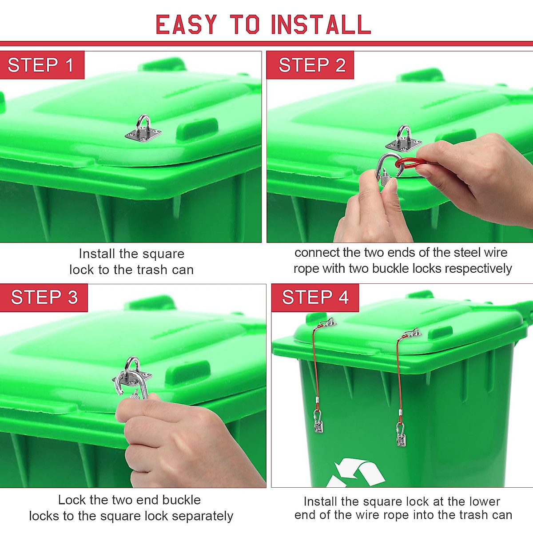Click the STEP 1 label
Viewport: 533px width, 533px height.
[x=41, y=65]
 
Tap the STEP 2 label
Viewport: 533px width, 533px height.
[x=312, y=65]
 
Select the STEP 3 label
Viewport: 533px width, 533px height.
[x=44, y=297]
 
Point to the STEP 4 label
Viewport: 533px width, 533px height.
[x=315, y=297]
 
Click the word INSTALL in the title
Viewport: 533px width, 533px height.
[x=321, y=25]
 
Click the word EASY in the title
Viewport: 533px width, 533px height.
[x=187, y=25]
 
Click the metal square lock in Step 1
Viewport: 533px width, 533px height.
[x=143, y=131]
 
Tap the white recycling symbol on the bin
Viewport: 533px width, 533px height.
[x=355, y=473]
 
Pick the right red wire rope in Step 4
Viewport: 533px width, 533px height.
[x=398, y=373]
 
